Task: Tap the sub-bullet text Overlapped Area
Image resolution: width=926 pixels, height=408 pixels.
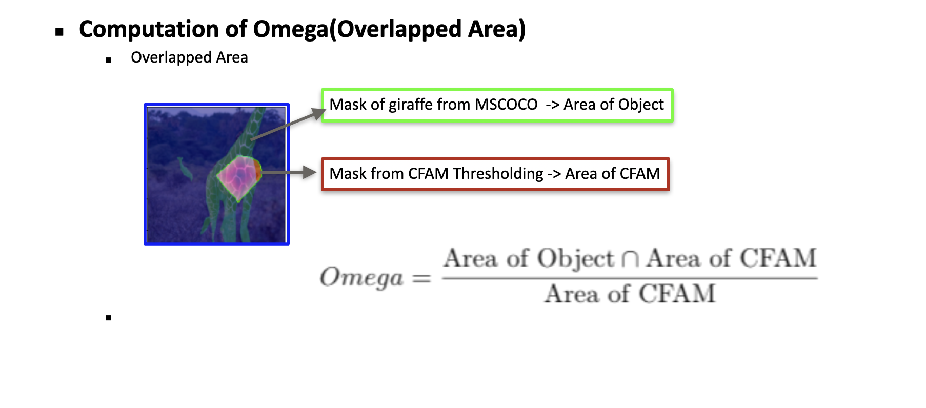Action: coord(189,58)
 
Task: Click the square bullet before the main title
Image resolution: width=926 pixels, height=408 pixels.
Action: coord(59,32)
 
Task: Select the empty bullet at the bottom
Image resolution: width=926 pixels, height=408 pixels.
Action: coord(108,318)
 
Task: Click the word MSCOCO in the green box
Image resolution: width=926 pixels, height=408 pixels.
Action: coord(506,105)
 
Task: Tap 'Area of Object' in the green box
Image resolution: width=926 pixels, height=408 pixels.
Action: coord(613,105)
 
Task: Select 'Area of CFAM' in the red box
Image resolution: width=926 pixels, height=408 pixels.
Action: coord(613,174)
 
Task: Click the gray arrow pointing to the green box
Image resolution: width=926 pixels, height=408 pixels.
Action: coord(288,124)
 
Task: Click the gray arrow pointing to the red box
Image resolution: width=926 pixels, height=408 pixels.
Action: coord(289,173)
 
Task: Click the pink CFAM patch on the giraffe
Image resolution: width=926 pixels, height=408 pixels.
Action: coord(238,177)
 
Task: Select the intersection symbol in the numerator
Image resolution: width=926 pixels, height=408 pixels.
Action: coord(630,260)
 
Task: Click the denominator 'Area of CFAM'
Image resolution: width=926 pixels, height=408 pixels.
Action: coord(630,294)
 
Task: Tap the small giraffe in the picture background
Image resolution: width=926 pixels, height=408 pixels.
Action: coord(185,169)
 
